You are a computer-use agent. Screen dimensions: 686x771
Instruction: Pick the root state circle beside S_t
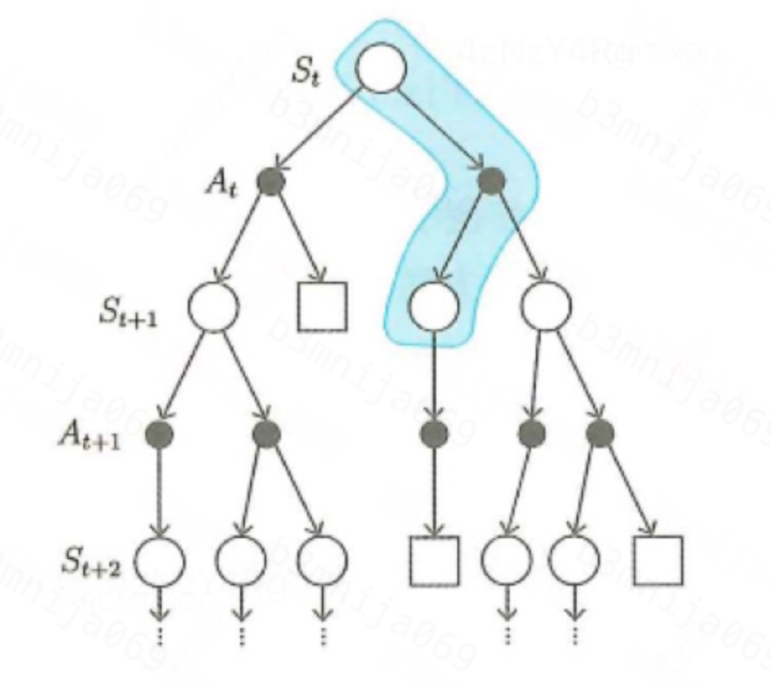(x=381, y=68)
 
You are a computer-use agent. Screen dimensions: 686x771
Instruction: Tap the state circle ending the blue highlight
(x=434, y=305)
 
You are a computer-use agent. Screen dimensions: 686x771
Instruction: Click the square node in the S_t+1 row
(x=323, y=306)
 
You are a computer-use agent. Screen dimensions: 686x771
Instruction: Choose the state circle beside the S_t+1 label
(x=213, y=305)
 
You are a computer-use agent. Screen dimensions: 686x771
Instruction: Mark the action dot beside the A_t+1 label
(x=157, y=434)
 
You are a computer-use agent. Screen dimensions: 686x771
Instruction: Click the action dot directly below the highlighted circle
(x=434, y=434)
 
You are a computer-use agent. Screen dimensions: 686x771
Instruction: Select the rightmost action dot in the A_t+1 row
(x=600, y=434)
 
